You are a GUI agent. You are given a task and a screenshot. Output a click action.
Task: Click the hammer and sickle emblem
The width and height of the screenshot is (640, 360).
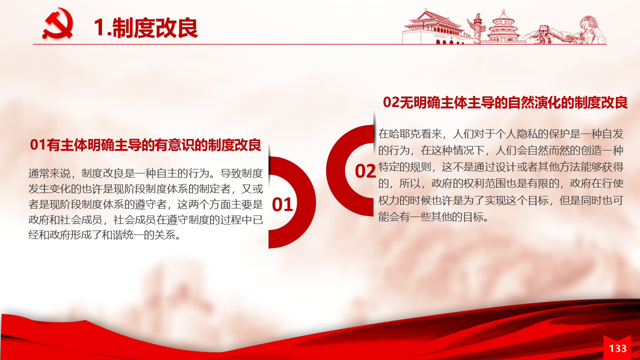point(58,23)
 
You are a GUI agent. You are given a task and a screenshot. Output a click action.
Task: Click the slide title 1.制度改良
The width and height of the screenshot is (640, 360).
point(145,27)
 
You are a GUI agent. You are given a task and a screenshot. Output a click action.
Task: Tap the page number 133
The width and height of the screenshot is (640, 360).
point(617,348)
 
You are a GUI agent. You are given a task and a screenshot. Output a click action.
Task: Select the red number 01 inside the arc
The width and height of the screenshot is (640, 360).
point(282,204)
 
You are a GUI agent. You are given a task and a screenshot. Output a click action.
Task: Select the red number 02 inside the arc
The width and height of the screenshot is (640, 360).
point(365,171)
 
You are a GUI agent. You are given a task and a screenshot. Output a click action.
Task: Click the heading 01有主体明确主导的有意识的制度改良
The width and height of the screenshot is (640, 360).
point(145,144)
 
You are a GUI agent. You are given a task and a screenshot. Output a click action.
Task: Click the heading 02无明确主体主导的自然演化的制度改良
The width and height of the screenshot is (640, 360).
point(505,102)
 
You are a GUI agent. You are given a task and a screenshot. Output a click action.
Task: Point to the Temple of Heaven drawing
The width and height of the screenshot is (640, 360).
point(503,27)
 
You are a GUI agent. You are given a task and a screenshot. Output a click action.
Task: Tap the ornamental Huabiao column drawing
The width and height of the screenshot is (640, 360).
point(476,28)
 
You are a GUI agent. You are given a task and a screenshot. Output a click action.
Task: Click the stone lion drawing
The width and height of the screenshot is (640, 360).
point(591,29)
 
